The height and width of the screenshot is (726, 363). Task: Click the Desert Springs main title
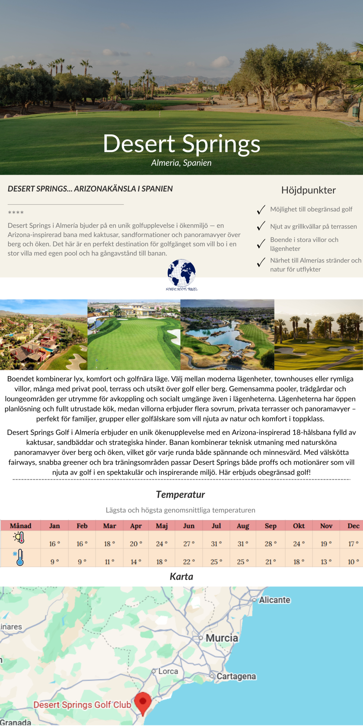[x=181, y=144]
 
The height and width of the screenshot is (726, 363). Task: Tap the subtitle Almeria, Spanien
[x=181, y=163]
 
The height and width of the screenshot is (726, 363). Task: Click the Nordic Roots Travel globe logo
[x=181, y=273]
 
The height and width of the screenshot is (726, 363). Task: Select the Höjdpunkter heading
[x=308, y=190]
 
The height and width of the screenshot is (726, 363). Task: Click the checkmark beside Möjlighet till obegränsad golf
[x=261, y=210]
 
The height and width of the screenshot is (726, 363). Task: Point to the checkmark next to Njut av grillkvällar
[x=261, y=226]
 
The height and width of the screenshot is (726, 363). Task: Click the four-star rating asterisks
[x=16, y=212]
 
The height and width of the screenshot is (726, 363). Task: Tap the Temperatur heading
[x=180, y=495]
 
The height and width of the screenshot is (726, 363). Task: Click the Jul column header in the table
[x=216, y=526]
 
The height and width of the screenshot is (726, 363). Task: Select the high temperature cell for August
[x=243, y=544]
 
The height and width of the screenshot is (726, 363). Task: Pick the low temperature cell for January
[x=54, y=562]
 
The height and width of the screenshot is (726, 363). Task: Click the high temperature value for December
[x=353, y=544]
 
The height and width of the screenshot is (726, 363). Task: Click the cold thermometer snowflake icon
[x=19, y=557]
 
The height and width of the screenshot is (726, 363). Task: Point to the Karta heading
[x=181, y=577]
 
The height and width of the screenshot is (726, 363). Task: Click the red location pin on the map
[x=143, y=701]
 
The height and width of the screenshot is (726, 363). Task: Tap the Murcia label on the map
[x=222, y=638]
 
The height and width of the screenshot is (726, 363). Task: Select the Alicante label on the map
[x=275, y=600]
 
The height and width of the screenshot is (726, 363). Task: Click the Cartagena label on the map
[x=236, y=676]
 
